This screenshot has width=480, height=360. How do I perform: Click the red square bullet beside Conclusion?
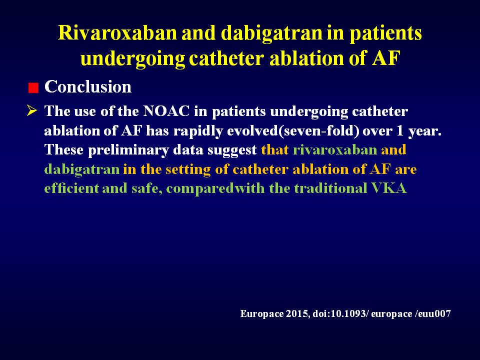point(33,88)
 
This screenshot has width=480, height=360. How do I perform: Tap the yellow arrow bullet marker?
point(32,110)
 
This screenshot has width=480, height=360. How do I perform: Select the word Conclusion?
point(88,86)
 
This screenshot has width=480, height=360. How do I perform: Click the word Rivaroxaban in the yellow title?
point(117,33)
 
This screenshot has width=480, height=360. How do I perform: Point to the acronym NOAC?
point(166,111)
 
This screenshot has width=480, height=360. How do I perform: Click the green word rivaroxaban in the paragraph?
point(335,150)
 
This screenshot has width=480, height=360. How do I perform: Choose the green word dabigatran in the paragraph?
point(82,169)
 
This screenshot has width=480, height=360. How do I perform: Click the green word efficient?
point(71,188)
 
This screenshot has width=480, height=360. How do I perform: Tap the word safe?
point(147,188)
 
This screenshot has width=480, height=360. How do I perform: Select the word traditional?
point(330,188)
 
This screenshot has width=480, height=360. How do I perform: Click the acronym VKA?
point(389,188)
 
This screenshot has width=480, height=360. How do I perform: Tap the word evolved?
point(252,131)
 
